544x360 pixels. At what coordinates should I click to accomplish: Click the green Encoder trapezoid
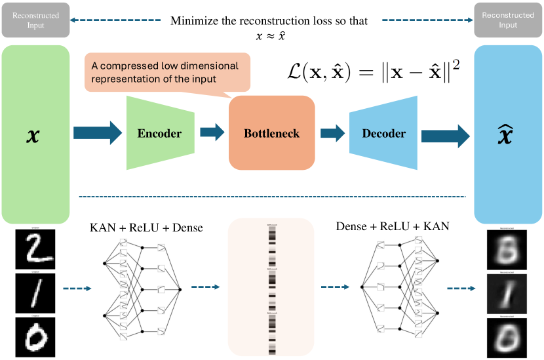pyautogui.click(x=160, y=132)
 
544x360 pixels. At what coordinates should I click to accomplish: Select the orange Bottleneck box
pyautogui.click(x=271, y=133)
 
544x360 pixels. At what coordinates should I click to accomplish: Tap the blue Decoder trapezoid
pyautogui.click(x=383, y=133)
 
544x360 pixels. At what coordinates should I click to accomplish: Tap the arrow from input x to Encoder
pyautogui.click(x=98, y=133)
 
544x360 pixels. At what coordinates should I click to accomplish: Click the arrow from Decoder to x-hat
pyautogui.click(x=445, y=134)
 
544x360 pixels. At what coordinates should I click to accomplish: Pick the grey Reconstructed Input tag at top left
pyautogui.click(x=35, y=20)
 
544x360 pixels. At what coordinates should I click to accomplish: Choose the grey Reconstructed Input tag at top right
pyautogui.click(x=508, y=20)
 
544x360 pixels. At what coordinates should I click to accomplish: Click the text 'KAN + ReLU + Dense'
pyautogui.click(x=146, y=228)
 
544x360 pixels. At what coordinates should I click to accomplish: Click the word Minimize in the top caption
pyautogui.click(x=193, y=20)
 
